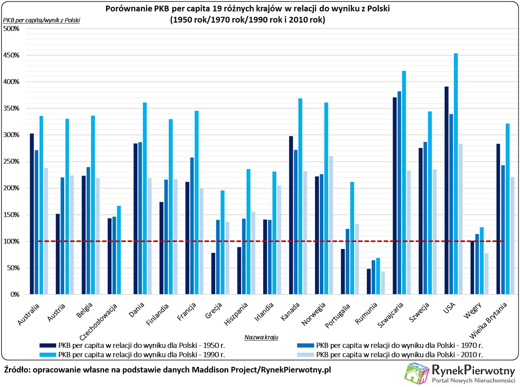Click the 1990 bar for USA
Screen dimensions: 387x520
tap(456, 174)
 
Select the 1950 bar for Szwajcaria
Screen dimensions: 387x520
tap(394, 196)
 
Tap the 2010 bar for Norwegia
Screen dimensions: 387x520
tap(331, 226)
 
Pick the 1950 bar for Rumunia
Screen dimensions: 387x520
tap(369, 282)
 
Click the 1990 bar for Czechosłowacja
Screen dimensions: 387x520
tap(119, 250)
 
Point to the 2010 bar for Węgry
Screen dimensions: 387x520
tap(486, 274)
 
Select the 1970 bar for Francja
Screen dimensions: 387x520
tap(192, 226)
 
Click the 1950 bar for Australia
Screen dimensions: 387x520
tap(32, 214)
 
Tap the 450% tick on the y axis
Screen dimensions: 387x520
tap(11, 55)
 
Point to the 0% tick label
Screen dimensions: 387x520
tap(15, 295)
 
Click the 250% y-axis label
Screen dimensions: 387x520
tap(11, 161)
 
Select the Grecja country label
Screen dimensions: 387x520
tap(214, 311)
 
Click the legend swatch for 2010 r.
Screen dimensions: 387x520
tap(305, 355)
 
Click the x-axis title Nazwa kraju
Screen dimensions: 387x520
tap(261, 337)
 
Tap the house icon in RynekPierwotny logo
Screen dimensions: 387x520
tap(417, 373)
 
